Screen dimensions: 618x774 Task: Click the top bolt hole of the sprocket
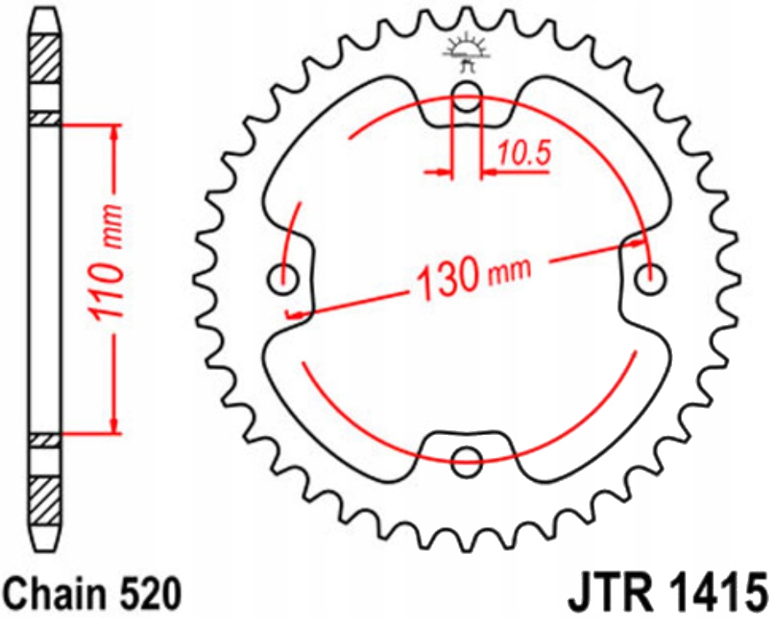[467, 91]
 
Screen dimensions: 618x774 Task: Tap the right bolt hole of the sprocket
[653, 277]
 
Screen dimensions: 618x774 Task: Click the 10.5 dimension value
[522, 153]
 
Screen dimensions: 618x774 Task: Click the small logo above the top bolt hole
[466, 50]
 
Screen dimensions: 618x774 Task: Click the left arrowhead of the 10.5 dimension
[445, 172]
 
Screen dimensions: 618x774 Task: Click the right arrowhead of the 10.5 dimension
[489, 172]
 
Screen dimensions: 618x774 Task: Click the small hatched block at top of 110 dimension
[45, 119]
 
